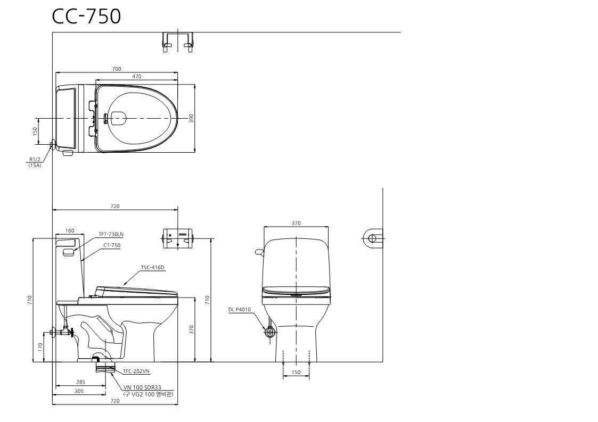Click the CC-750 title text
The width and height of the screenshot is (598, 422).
87,16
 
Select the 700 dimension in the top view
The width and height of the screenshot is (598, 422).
117,69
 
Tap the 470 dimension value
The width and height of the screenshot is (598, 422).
136,76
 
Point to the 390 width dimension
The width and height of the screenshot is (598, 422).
192,118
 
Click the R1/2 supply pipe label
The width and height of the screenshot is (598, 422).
35,160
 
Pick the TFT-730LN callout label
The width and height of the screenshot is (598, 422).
111,235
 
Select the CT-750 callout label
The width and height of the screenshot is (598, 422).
112,245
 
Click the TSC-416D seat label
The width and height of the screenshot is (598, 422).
152,268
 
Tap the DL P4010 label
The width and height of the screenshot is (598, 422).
240,310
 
